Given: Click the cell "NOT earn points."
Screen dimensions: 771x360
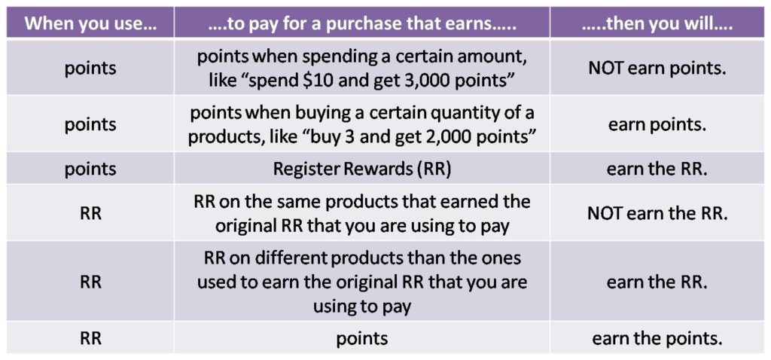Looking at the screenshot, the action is coord(657,67).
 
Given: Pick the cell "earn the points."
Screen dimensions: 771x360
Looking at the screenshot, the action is coord(657,338).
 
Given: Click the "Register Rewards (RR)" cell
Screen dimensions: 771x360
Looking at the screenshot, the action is coord(362,169).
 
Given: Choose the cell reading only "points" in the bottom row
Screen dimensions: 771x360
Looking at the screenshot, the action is coord(362,338).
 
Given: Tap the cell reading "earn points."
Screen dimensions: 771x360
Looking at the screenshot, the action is coord(657,124).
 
